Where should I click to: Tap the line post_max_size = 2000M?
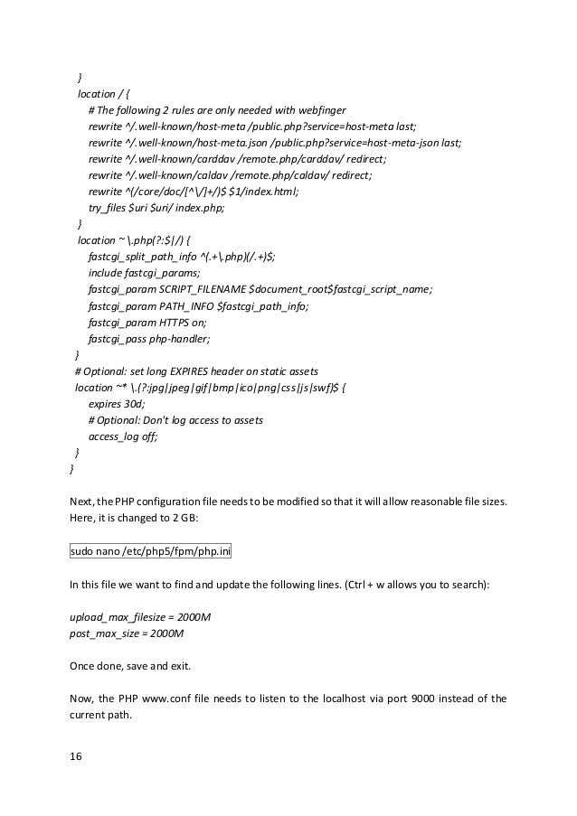[x=127, y=634]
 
